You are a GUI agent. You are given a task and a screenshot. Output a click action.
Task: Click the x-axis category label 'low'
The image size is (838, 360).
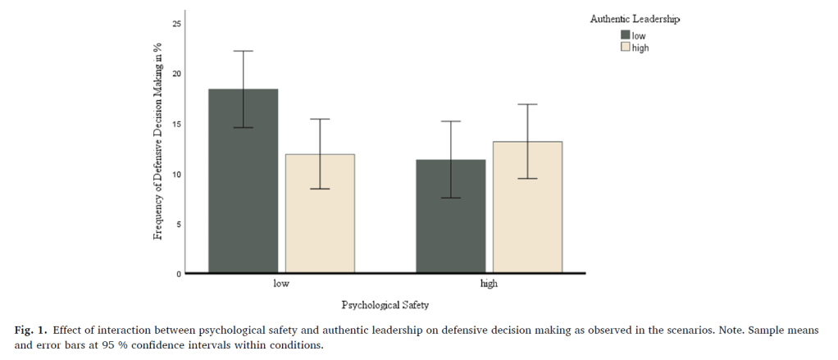click(x=281, y=285)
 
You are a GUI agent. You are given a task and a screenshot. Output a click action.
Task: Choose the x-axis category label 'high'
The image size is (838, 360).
click(x=489, y=285)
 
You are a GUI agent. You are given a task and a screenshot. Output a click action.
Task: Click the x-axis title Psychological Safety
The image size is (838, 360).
click(x=385, y=305)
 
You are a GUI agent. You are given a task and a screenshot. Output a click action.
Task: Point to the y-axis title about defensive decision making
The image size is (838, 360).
click(x=157, y=142)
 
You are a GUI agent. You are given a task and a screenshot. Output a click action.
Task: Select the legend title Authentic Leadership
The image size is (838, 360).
click(x=635, y=18)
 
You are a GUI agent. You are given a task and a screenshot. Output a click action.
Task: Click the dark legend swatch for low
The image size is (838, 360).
click(x=626, y=34)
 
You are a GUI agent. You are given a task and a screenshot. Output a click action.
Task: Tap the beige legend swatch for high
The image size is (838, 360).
click(x=626, y=48)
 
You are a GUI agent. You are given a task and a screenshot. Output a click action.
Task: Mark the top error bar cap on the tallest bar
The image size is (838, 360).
click(x=243, y=51)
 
